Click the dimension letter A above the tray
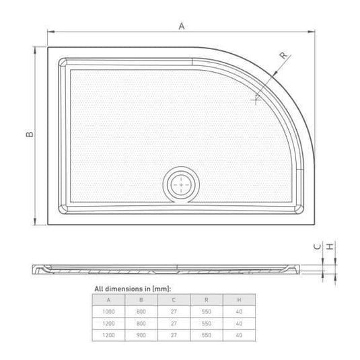point(180,26)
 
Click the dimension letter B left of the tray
point(29,135)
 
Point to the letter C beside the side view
point(317,248)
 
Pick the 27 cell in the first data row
point(174,312)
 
